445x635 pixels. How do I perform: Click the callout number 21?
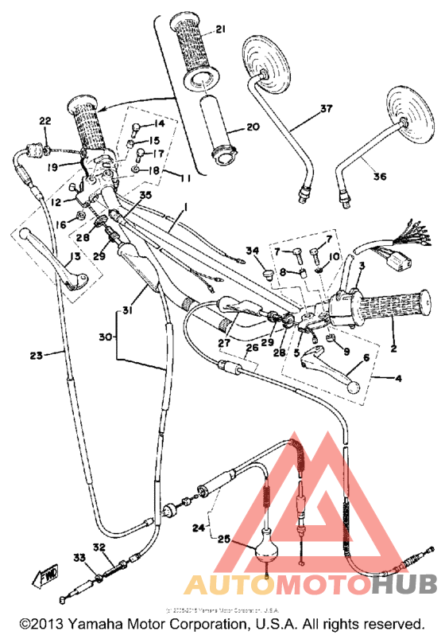point(220,29)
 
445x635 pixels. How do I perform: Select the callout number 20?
point(230,127)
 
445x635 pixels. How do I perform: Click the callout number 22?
point(44,120)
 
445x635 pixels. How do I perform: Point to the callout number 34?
point(253,251)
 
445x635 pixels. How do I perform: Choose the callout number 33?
point(79,557)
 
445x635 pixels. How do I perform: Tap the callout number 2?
point(392,349)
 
